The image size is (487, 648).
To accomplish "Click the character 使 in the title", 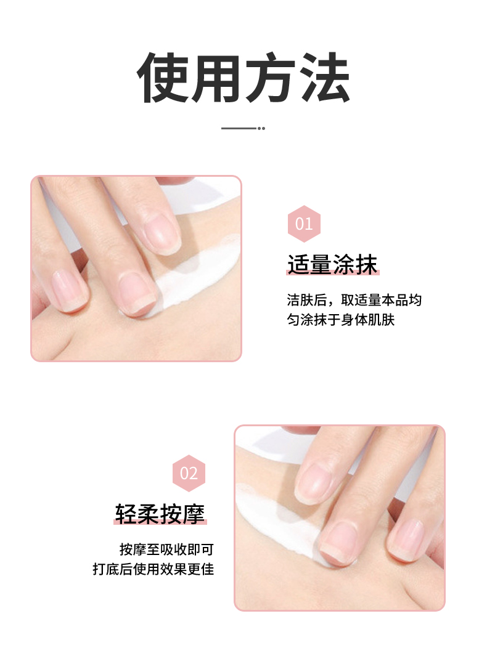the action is tap(163, 78).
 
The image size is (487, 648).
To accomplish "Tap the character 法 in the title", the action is tap(325, 78).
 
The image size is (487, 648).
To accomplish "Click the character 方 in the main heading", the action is tap(271, 78).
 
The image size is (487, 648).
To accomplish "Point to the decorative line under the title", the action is tap(243, 128).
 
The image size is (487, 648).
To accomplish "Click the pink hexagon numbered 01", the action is tap(304, 224).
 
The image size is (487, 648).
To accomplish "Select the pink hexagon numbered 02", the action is tap(189, 473).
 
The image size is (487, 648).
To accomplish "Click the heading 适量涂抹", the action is tap(332, 264).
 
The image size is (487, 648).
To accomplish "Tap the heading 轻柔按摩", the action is tap(160, 514).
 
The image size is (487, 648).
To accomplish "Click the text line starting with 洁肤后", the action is tap(354, 300).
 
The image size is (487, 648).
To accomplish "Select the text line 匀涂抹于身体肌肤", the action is tap(340, 320).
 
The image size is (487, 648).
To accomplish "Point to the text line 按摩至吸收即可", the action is tap(166, 549).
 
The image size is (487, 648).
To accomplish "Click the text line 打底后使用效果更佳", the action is tap(153, 569).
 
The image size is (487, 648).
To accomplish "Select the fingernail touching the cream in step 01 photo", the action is tap(137, 293).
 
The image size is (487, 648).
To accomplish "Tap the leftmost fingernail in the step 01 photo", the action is tap(69, 290).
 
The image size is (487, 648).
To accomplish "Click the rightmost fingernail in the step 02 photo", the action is tap(407, 540).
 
